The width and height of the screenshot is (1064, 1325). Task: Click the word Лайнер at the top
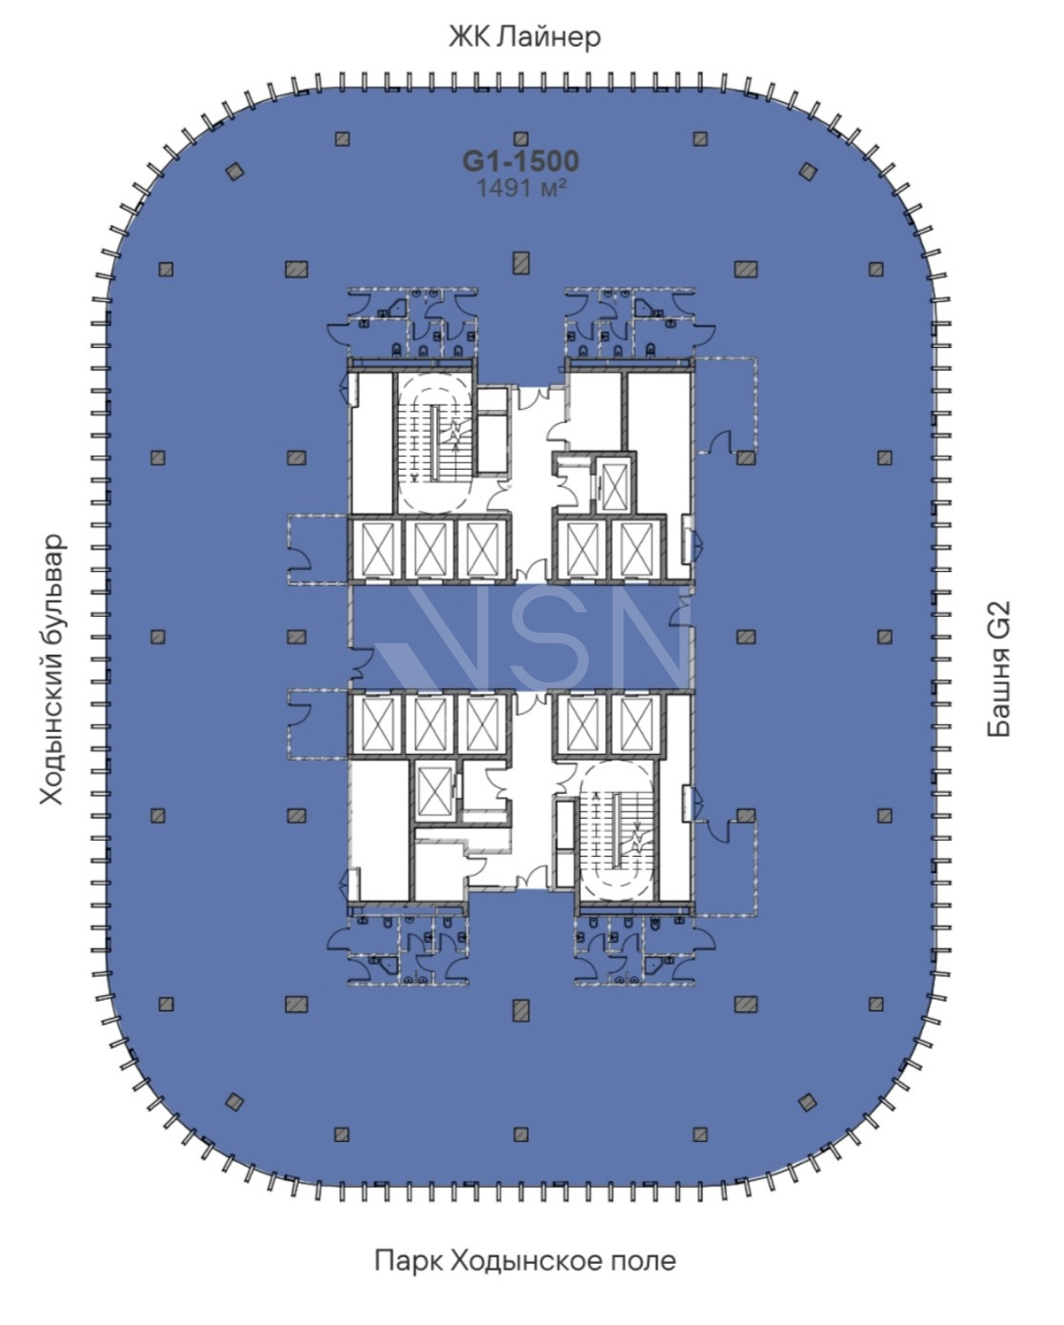[549, 37]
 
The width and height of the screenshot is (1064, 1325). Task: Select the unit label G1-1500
[521, 161]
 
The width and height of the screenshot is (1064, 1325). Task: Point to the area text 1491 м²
[521, 188]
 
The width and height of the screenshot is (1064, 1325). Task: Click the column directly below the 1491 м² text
[521, 263]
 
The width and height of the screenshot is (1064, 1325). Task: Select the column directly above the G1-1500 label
[521, 138]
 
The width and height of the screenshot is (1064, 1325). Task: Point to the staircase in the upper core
[435, 443]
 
